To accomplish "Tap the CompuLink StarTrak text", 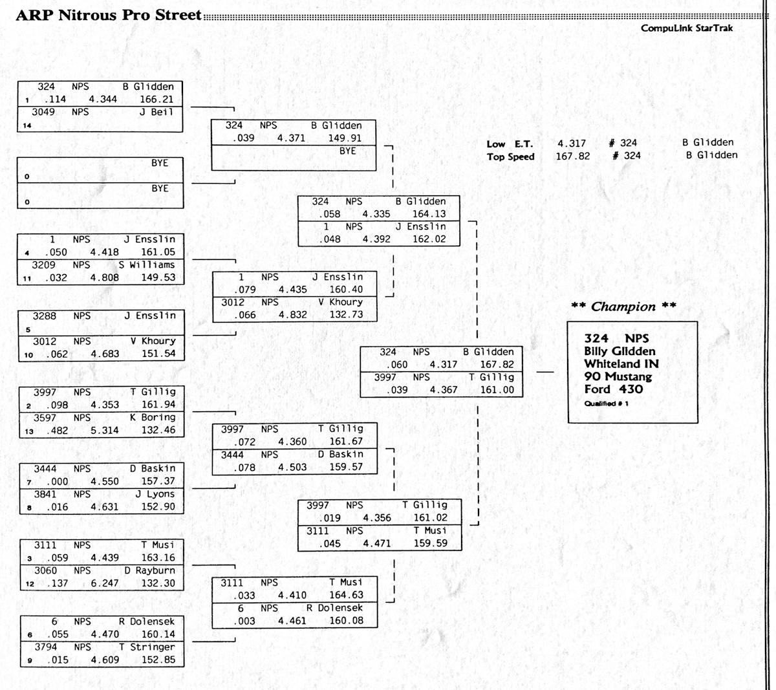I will pos(687,28).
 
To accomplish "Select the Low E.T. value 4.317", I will pos(572,143).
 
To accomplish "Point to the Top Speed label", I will pos(510,156).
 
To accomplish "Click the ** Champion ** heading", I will pos(623,307).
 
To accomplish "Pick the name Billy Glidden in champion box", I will pos(620,351).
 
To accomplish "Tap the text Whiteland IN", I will pos(621,364).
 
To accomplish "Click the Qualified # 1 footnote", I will pos(606,404).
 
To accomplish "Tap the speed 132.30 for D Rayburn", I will pos(158,583).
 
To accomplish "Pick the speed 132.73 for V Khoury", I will pos(346,315).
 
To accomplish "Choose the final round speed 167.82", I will pos(497,365).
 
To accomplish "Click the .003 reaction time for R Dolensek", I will pos(244,621).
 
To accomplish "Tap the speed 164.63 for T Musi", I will pos(346,595).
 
